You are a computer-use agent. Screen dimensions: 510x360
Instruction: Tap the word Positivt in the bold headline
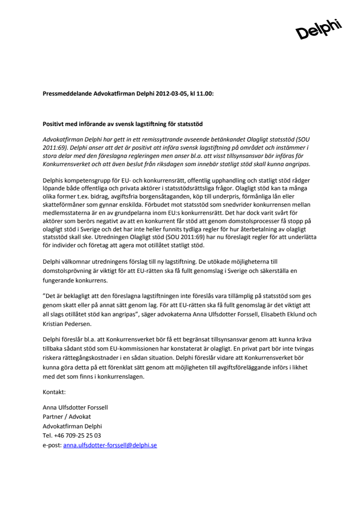click(55, 124)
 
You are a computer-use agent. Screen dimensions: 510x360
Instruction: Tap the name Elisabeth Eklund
click(286, 314)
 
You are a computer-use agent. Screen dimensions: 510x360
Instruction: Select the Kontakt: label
click(54, 392)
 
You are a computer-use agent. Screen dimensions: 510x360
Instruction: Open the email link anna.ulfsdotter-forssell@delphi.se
click(110, 445)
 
